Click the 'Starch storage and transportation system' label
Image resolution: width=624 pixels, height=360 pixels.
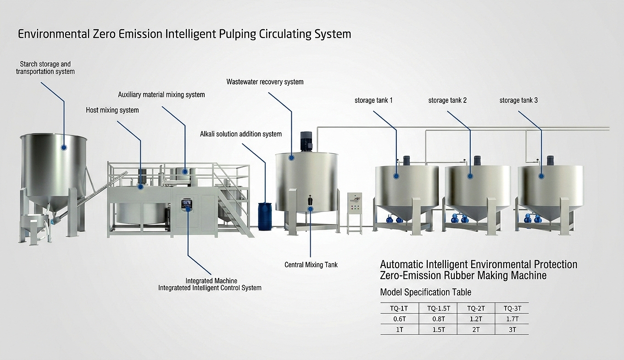pos(45,68)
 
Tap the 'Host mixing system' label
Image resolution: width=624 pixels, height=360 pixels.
pos(112,110)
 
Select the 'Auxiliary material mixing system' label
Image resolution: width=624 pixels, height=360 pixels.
pos(161,95)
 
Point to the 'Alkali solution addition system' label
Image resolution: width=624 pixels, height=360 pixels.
pos(241,134)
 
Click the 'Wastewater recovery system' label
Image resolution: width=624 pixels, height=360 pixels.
pos(265,82)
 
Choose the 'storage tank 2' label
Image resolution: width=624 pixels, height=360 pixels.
pos(447,100)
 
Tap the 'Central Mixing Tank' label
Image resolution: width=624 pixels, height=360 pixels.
pos(311,264)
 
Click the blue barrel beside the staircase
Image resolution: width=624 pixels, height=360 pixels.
pos(265,216)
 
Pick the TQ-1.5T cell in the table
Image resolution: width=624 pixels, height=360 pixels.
pos(438,309)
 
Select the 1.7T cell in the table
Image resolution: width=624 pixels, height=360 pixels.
pos(512,319)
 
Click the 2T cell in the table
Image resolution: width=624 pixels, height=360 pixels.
pos(476,330)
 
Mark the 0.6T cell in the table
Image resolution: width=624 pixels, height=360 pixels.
pos(399,319)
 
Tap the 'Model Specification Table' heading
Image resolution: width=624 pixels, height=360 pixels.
pos(426,292)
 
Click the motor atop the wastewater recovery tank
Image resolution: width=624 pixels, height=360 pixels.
pos(306,141)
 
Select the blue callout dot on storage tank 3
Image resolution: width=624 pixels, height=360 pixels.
pos(541,175)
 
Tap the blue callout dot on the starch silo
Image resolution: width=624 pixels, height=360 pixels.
pos(64,147)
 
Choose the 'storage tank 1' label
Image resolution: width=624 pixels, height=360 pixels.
pos(373,100)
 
